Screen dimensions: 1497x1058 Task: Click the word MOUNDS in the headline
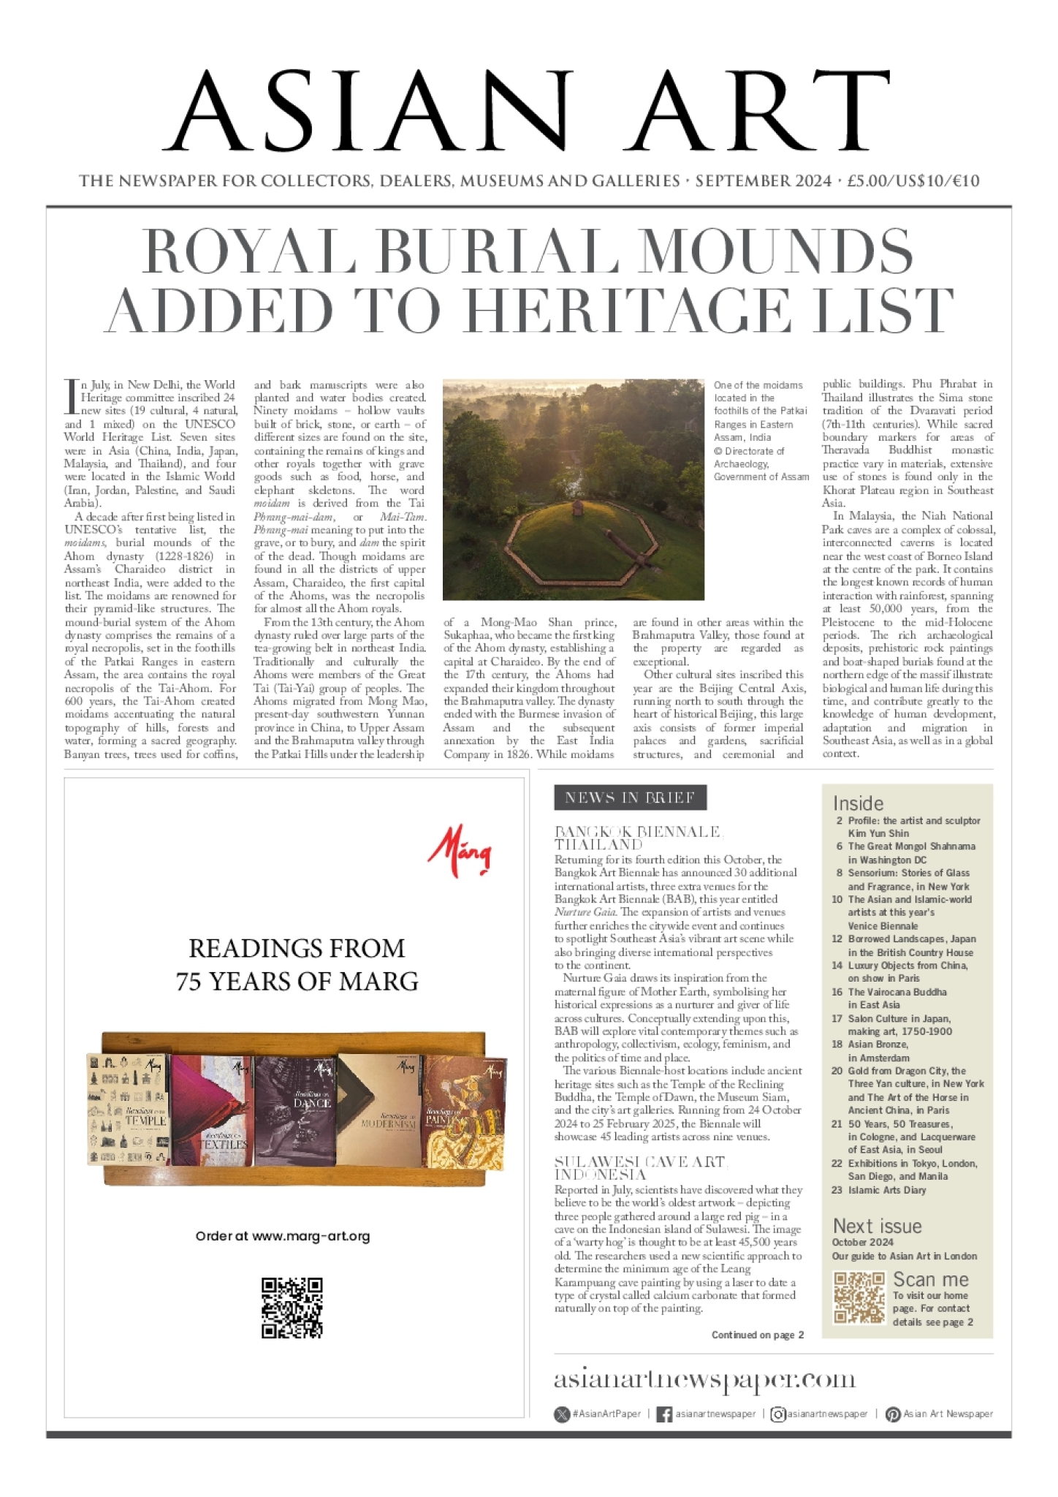tap(776, 251)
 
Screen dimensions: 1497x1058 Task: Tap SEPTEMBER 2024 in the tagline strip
tap(763, 181)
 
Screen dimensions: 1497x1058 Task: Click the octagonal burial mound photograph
tap(573, 489)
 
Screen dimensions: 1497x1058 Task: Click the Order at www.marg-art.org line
tap(283, 1236)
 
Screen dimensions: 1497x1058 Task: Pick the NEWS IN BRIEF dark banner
tap(630, 797)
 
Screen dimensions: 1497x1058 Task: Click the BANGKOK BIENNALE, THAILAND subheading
tap(637, 838)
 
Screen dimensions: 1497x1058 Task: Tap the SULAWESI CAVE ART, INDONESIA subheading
tap(640, 1168)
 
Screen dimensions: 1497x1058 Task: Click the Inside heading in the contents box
tap(858, 803)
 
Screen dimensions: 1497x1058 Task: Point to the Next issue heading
tap(877, 1226)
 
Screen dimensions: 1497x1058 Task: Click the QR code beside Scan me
tap(859, 1297)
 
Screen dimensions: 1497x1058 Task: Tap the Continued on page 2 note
tap(757, 1335)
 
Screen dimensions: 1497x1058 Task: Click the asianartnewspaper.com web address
tap(704, 1379)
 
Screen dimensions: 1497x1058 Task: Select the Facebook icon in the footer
tap(664, 1414)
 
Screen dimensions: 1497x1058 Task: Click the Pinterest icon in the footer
tap(892, 1414)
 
